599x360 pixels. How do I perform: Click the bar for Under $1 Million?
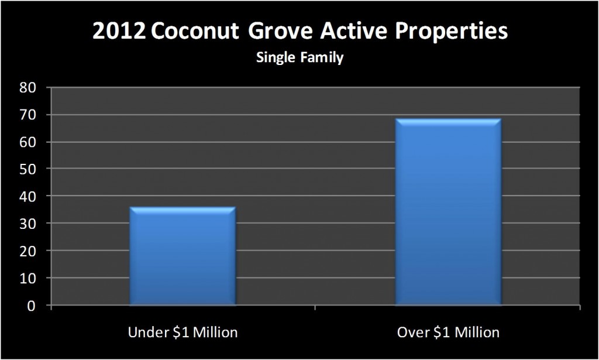183,256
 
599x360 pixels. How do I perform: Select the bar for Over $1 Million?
448,212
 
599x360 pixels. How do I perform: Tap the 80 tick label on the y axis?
27,88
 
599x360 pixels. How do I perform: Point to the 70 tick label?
27,115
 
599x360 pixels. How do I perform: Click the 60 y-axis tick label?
27,142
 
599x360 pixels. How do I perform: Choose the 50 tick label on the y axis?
27,169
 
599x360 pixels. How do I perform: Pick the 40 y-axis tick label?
27,196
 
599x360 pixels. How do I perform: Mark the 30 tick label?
27,223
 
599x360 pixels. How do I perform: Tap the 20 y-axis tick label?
27,251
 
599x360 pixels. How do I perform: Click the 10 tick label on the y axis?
27,278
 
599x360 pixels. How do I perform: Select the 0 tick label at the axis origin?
32,306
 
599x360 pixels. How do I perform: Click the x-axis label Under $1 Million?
183,332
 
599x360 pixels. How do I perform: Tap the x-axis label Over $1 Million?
448,332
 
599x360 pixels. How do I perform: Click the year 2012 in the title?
119,31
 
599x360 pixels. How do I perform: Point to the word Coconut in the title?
195,31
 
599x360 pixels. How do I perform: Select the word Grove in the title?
280,31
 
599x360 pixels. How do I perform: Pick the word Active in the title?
353,31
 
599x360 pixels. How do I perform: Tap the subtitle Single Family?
300,58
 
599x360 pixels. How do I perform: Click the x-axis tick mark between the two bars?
315,308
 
